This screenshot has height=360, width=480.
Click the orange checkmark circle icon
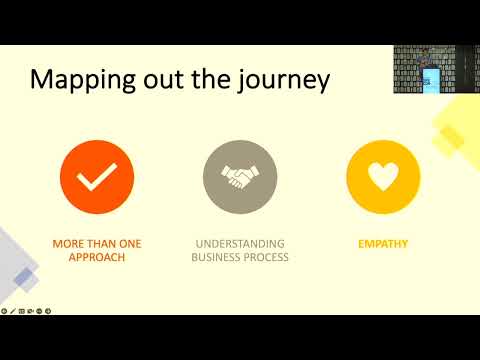[x=97, y=178]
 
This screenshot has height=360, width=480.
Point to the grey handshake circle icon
[x=239, y=178]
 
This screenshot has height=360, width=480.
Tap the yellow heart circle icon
[x=383, y=178]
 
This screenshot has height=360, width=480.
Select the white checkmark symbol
[x=97, y=178]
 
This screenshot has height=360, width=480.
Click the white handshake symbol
[x=239, y=178]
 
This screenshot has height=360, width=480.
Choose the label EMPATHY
[x=383, y=243]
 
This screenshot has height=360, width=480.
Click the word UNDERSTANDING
[x=239, y=243]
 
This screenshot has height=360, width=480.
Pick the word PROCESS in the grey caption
[x=267, y=257]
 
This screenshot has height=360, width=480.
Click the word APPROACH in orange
[x=97, y=257]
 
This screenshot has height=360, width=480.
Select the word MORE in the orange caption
[x=71, y=243]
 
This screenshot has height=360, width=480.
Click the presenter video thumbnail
[x=425, y=68]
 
